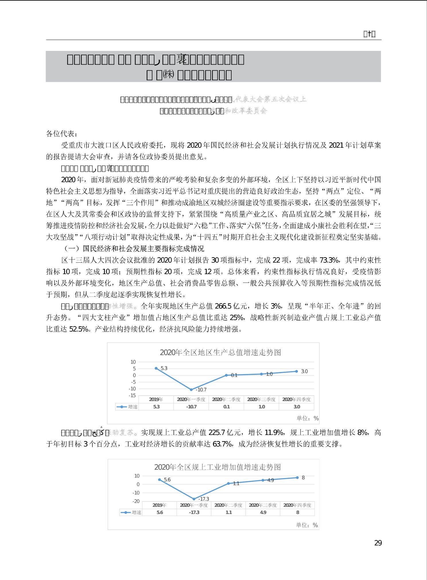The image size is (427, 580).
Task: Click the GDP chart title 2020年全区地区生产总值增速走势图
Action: tap(220, 352)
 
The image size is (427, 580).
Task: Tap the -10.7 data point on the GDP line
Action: tap(191, 390)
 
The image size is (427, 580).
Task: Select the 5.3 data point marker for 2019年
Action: tap(156, 368)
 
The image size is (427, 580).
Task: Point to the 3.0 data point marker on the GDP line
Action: tap(296, 371)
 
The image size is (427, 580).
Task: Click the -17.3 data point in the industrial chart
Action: tap(194, 499)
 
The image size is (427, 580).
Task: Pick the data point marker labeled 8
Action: tap(297, 477)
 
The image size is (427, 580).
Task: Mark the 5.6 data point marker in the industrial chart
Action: tap(160, 479)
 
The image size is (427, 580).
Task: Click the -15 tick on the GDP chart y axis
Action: tap(132, 395)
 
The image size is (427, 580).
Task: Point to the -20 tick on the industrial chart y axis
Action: tap(136, 501)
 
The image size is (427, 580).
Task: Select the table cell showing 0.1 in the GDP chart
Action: tap(226, 406)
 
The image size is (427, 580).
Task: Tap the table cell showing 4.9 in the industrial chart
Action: tap(263, 512)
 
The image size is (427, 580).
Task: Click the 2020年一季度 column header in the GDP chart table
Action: tap(191, 399)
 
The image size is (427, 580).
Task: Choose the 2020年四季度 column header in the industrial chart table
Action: tap(297, 505)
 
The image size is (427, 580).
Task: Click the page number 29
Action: tap(378, 543)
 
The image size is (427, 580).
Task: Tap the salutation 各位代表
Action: tap(61, 134)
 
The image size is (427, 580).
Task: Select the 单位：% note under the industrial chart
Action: tap(307, 525)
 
